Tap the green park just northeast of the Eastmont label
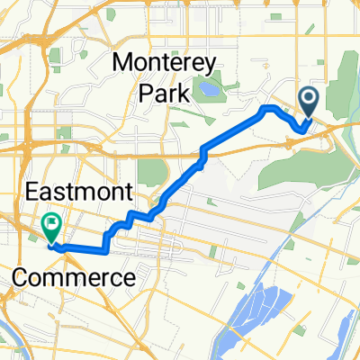(154, 171)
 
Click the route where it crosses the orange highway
(204, 155)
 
